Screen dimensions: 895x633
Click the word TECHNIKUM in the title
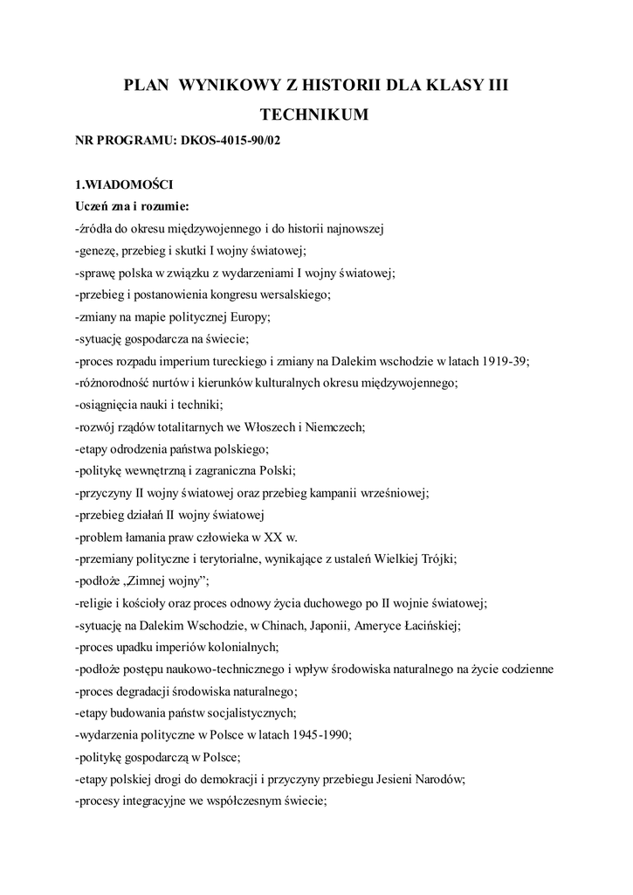[x=315, y=114]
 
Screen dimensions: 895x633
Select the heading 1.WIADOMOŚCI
[x=125, y=185]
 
